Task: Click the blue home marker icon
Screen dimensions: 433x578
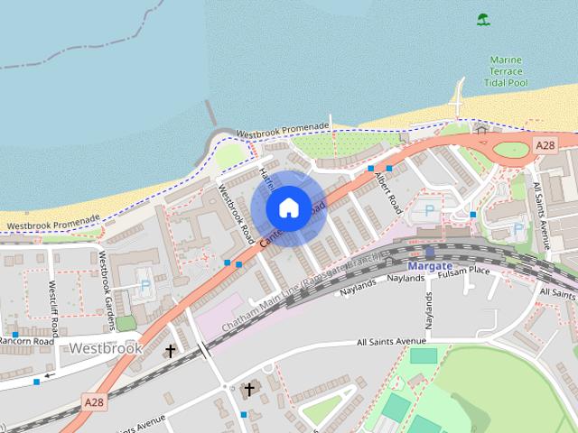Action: [x=288, y=207]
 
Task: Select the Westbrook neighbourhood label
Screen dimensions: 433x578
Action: [x=106, y=347]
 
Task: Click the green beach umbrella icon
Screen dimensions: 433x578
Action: [x=484, y=18]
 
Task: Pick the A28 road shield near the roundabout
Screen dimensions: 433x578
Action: [x=545, y=144]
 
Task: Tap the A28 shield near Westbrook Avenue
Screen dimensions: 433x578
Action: [x=94, y=401]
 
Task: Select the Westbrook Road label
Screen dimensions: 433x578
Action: [x=236, y=213]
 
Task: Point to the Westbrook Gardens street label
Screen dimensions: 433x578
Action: [x=107, y=281]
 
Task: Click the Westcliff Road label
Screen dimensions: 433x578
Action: [x=55, y=307]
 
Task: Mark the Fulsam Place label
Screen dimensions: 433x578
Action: [x=464, y=271]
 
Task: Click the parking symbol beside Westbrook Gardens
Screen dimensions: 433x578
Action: [x=145, y=286]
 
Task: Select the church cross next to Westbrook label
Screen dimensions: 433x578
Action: [x=170, y=350]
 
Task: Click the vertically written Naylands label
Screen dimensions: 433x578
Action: [x=430, y=310]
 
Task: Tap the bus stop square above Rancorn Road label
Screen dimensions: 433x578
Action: [x=14, y=334]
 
